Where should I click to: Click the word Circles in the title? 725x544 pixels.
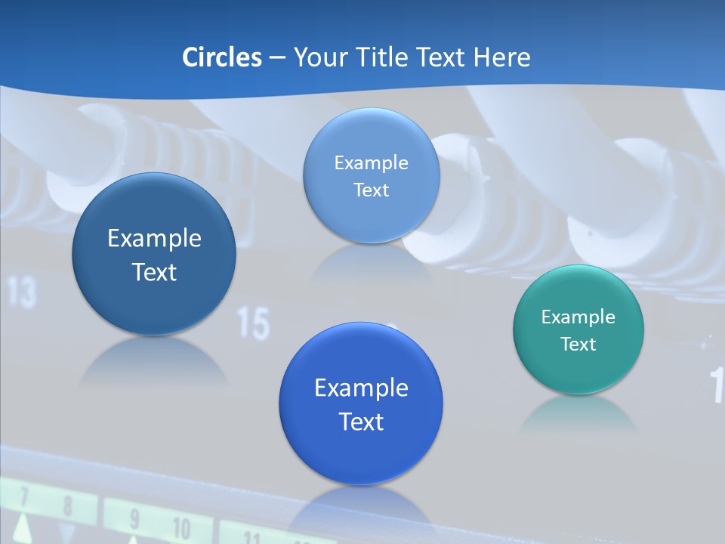point(222,57)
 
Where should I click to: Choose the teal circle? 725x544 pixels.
point(578,329)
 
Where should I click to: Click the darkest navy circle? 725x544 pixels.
point(154,254)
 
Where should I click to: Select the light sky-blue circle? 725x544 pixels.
point(371,175)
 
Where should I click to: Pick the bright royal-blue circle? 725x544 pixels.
point(361,403)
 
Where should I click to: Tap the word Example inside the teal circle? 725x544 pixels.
point(578,317)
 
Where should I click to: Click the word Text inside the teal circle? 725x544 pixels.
point(578,344)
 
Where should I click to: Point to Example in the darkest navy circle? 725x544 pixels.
point(154,238)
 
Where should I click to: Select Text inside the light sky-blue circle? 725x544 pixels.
point(371,190)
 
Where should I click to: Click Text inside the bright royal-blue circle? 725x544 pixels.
point(361,421)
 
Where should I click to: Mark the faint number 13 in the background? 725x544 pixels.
point(23,293)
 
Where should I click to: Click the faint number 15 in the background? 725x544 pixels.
point(254,323)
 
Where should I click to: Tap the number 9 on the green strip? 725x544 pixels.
point(134,519)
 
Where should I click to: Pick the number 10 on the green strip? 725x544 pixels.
point(181,527)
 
